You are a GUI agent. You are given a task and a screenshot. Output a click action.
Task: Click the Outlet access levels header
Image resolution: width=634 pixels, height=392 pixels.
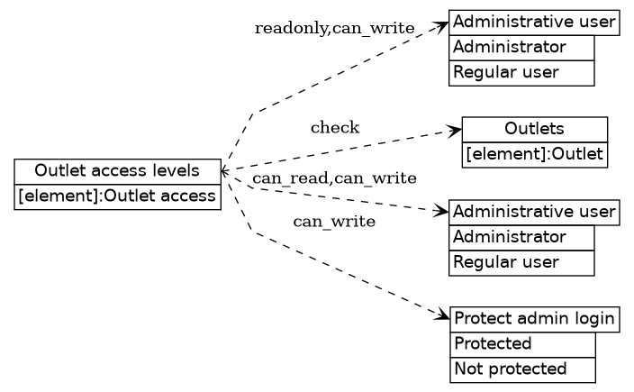tap(117, 171)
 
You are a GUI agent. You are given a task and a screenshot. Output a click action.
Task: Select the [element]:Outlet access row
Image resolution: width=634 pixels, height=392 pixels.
tap(117, 196)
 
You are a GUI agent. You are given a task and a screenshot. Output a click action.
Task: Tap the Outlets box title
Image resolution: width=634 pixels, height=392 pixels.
tap(534, 129)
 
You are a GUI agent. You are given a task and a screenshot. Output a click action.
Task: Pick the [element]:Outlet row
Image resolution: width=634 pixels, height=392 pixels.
tap(534, 154)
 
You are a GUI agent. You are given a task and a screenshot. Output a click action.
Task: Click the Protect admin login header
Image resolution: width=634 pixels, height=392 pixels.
tap(534, 318)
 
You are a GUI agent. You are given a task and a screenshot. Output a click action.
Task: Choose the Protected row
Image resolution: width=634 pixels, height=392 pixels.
tap(521, 343)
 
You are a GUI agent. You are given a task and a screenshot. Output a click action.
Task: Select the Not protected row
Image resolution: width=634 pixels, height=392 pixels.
tap(521, 369)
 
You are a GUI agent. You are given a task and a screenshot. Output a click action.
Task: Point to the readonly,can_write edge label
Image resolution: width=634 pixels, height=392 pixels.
tap(334, 29)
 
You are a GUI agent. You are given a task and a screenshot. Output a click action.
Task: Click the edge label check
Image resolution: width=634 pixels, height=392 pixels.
tap(335, 128)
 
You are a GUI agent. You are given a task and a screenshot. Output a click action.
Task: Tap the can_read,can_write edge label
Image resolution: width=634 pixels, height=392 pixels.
tap(334, 178)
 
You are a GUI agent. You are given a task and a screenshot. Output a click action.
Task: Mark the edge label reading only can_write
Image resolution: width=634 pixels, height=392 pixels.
tap(334, 222)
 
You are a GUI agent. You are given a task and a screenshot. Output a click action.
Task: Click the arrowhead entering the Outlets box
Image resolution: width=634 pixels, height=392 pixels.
tap(456, 131)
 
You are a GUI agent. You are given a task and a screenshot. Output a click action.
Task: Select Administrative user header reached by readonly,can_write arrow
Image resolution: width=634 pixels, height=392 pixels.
tap(534, 22)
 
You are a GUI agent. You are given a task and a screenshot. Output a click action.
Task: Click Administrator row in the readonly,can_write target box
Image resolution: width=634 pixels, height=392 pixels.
tap(521, 47)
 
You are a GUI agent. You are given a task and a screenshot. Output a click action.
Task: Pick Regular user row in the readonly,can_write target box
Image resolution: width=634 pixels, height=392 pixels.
tap(521, 72)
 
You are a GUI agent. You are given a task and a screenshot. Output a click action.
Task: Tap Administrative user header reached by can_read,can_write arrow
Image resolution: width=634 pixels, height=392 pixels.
tap(534, 212)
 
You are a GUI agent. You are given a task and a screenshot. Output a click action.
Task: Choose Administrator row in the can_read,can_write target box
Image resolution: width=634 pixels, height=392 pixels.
tap(521, 237)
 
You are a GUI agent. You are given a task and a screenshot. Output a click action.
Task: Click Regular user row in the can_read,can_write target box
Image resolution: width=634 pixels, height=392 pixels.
tap(521, 262)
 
